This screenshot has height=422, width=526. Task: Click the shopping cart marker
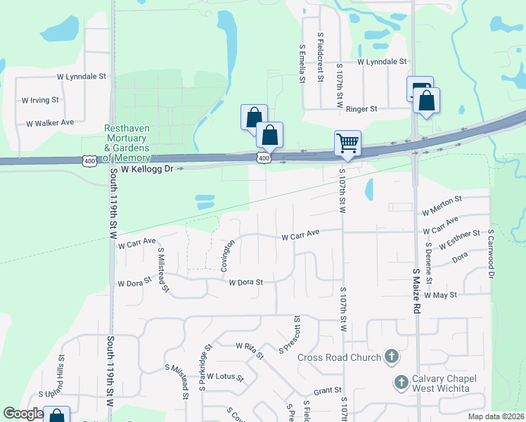pyautogui.click(x=347, y=143)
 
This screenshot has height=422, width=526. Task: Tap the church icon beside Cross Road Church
pyautogui.click(x=392, y=357)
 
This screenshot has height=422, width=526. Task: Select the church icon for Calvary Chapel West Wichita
pyautogui.click(x=401, y=383)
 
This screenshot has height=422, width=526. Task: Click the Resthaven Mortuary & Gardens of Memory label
pyautogui.click(x=127, y=143)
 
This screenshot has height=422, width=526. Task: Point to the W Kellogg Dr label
pyautogui.click(x=147, y=170)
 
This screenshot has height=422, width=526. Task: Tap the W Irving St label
pyautogui.click(x=41, y=101)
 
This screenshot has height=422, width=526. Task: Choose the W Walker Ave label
pyautogui.click(x=50, y=123)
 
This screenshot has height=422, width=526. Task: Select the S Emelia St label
pyautogui.click(x=302, y=64)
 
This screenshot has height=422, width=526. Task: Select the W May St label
pyautogui.click(x=441, y=295)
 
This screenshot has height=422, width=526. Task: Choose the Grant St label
pyautogui.click(x=328, y=390)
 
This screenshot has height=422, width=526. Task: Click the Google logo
pyautogui.click(x=23, y=414)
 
